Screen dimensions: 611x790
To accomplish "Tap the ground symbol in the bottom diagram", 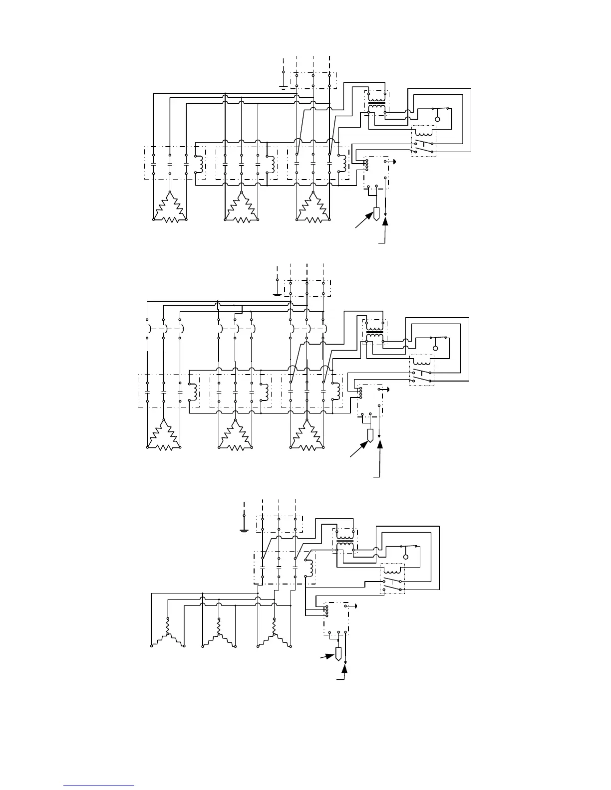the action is click(x=244, y=531).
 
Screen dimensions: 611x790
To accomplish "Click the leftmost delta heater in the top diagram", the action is click(x=169, y=208).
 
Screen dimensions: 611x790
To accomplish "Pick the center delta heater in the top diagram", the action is click(x=241, y=208).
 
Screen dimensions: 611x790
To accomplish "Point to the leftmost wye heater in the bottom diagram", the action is click(x=168, y=635).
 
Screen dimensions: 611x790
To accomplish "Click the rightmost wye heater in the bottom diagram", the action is click(x=274, y=635).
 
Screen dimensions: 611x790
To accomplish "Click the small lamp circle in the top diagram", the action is click(x=437, y=119).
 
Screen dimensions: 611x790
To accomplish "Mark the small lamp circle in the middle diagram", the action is click(x=435, y=348).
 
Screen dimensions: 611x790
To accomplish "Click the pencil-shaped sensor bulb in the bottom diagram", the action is click(x=338, y=653).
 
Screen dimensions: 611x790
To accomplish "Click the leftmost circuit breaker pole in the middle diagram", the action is click(x=148, y=329).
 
